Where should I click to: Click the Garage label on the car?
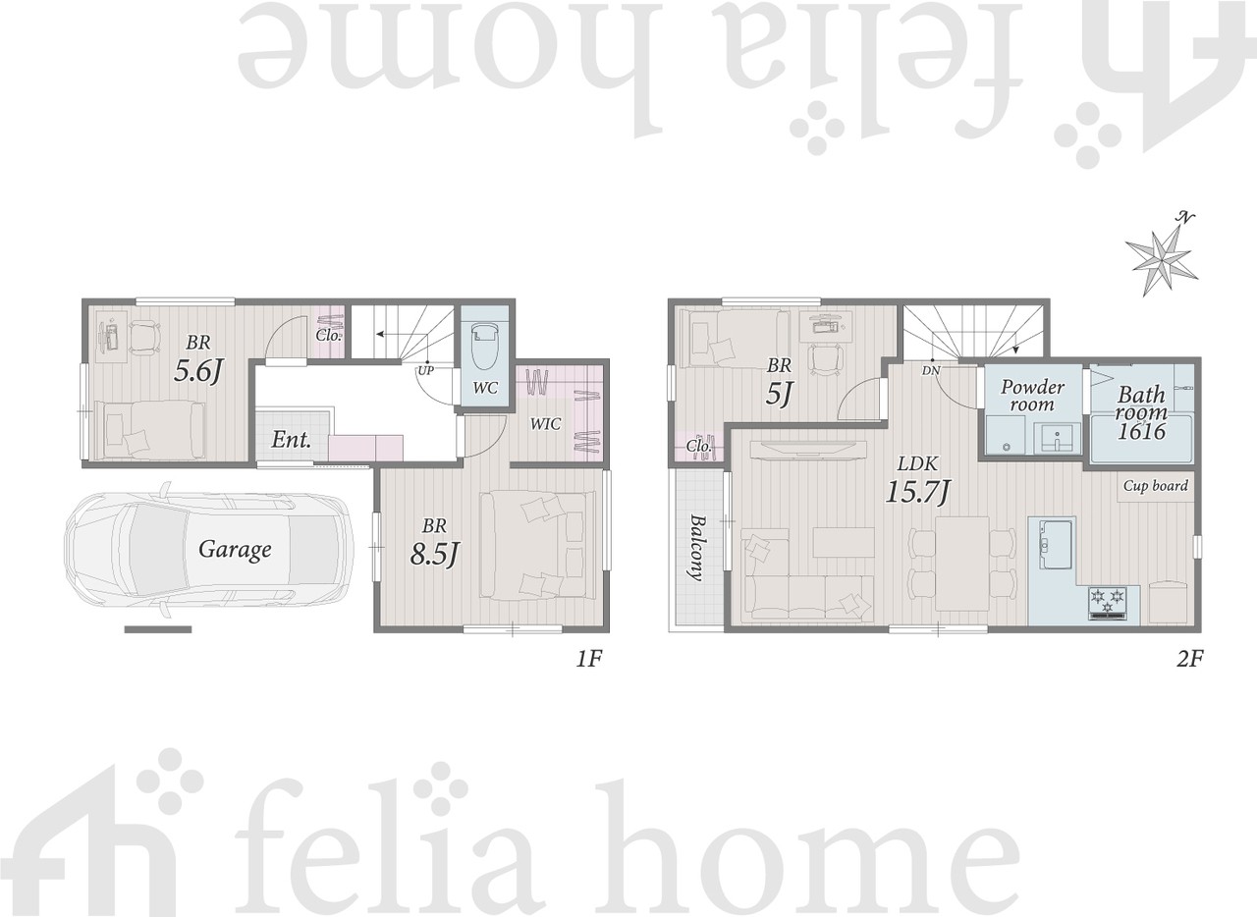pos(235,550)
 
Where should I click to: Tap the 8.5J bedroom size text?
pos(435,555)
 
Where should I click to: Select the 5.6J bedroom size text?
pos(199,371)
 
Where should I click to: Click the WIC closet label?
pos(545,424)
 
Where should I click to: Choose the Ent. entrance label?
pos(292,440)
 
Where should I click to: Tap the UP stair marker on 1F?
pos(425,371)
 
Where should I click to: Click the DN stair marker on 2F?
pos(930,371)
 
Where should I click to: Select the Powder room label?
pos(1032,395)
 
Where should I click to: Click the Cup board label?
pos(1155,485)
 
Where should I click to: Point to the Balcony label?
pos(696,547)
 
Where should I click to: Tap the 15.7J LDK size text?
pos(917,492)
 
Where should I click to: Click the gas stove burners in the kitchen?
pos(1107,602)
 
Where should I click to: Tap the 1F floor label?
pos(588,659)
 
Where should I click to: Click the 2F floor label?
pos(1189,658)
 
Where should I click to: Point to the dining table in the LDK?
pos(961,565)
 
